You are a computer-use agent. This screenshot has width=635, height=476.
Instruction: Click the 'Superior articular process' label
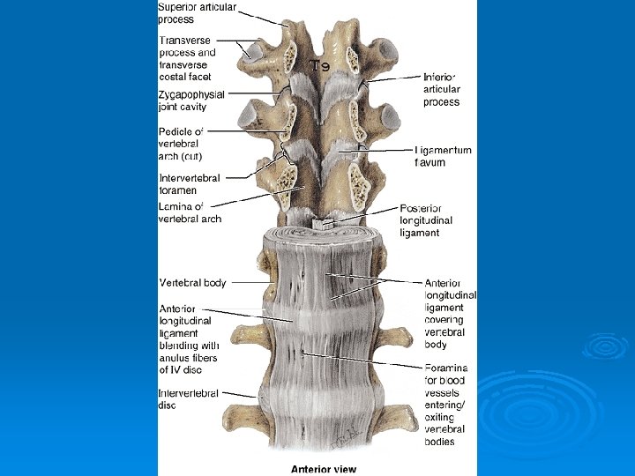(x=197, y=13)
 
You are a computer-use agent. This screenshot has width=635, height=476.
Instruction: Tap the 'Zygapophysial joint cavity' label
(x=191, y=100)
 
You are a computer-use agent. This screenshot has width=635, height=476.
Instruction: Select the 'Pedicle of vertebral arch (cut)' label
(x=181, y=144)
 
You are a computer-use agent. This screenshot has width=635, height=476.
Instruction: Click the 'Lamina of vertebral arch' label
(x=190, y=212)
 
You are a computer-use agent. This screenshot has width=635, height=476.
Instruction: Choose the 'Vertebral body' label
(x=192, y=283)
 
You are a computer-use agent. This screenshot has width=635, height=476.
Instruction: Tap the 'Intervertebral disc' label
(x=188, y=399)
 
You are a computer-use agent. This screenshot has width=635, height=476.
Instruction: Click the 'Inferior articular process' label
(x=443, y=90)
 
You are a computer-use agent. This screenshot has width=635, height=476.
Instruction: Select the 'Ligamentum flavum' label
(x=443, y=156)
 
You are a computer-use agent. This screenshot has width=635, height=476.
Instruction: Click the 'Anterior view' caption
(x=324, y=468)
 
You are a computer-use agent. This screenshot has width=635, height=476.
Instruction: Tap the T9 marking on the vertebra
(x=318, y=65)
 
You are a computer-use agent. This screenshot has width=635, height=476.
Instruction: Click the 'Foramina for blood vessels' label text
(x=446, y=374)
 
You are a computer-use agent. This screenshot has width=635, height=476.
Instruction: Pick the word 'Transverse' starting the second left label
(x=184, y=40)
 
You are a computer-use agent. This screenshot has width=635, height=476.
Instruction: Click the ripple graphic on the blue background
(x=603, y=346)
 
